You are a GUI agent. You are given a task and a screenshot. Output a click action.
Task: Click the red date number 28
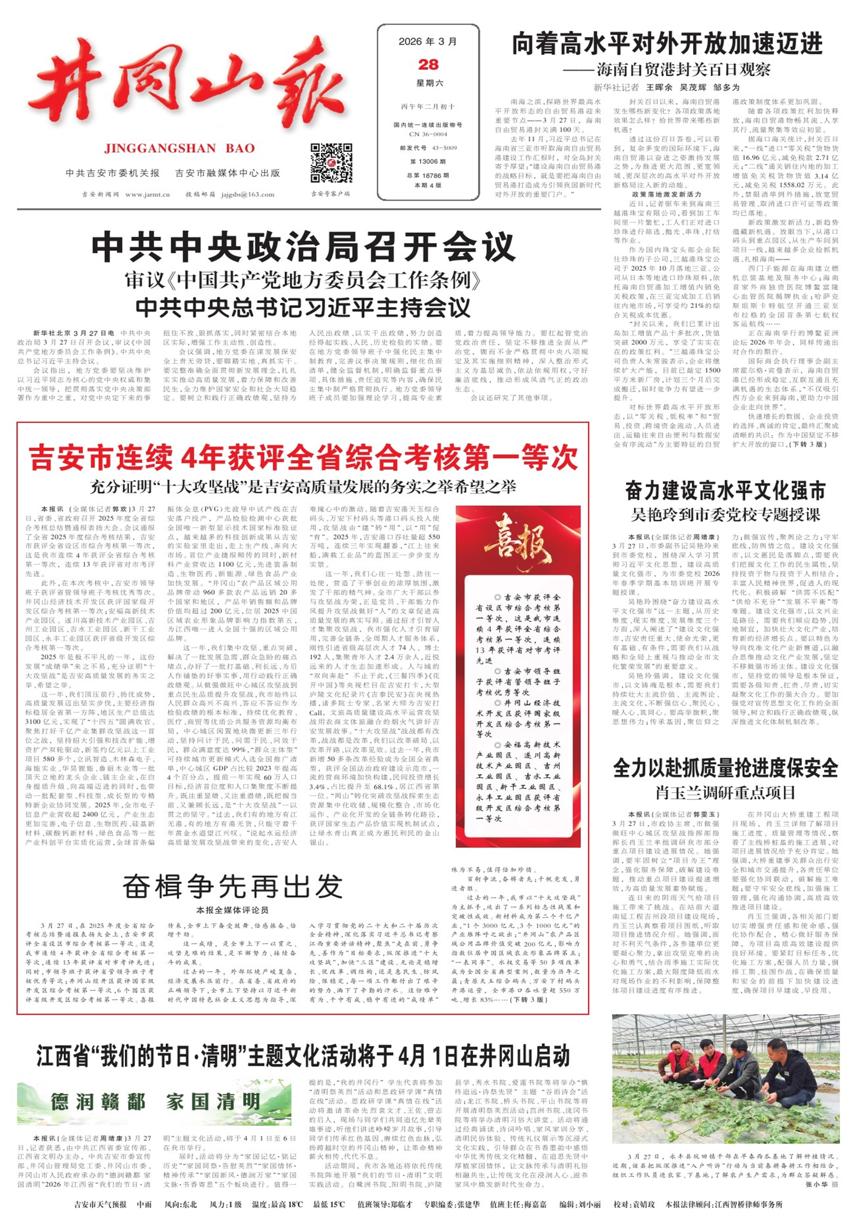(x=428, y=65)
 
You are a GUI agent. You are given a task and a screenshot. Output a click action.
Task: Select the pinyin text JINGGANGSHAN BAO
(x=180, y=148)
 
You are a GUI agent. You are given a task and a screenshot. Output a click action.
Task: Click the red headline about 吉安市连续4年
(x=303, y=457)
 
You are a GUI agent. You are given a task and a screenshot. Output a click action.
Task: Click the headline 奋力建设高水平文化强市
(x=725, y=490)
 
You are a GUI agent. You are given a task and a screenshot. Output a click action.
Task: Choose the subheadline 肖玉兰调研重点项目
(x=725, y=792)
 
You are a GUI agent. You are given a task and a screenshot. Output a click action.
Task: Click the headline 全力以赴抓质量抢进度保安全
(x=725, y=768)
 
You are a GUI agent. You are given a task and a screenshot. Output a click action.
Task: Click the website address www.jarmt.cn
(x=147, y=194)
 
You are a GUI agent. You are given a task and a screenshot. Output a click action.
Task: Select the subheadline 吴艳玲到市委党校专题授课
(x=725, y=515)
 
